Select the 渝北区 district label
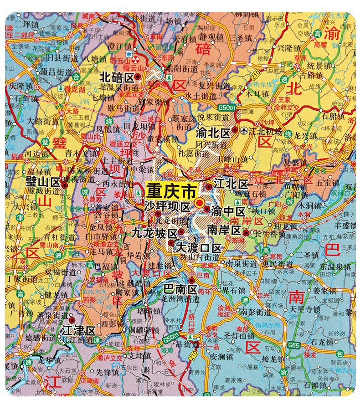tap(214, 131)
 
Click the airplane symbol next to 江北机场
tap(246, 131)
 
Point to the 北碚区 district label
tap(117, 77)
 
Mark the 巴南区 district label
tap(180, 290)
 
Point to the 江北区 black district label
tap(231, 185)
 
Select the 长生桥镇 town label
tap(270, 234)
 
